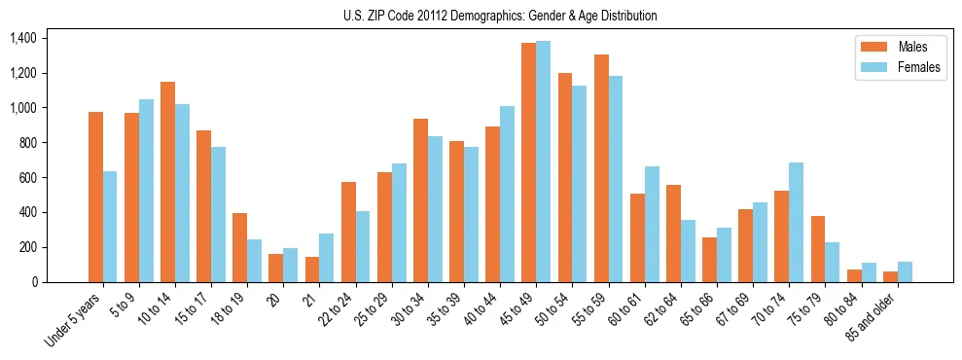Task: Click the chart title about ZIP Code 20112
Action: click(x=500, y=16)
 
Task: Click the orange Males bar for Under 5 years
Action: click(x=95, y=197)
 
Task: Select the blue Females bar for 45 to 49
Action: click(x=543, y=162)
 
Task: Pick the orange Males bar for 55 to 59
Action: click(x=601, y=168)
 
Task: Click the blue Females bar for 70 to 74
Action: click(x=796, y=222)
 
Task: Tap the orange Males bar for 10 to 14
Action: click(x=167, y=182)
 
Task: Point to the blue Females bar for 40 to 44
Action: click(x=507, y=194)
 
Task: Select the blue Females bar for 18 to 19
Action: click(x=254, y=261)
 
